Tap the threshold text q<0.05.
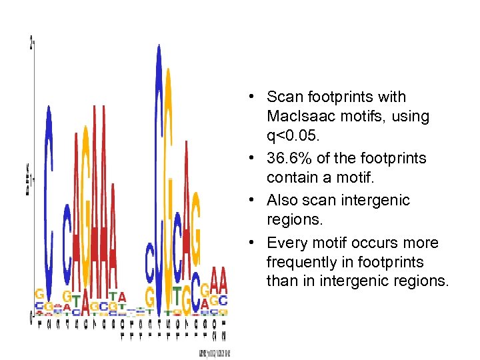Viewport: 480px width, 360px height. coord(292,137)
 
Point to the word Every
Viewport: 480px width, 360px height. coord(287,243)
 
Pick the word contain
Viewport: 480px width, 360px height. coord(291,179)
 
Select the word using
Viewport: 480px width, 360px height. coord(411,116)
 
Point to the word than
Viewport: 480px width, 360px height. coord(281,281)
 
